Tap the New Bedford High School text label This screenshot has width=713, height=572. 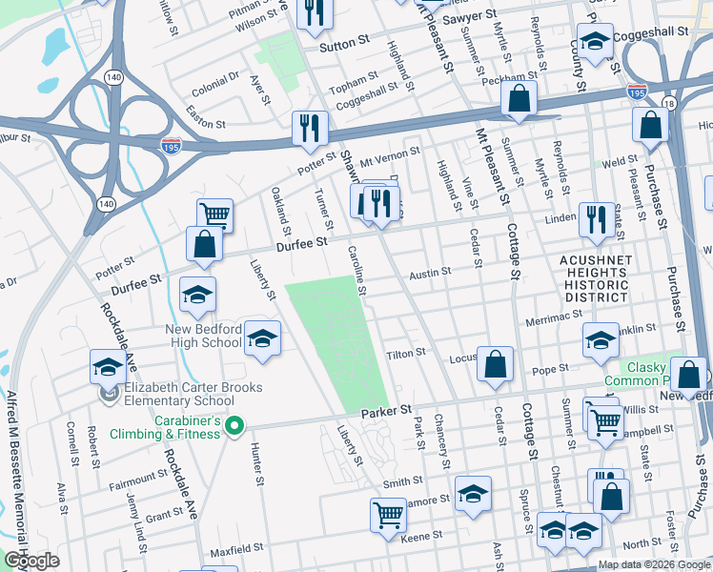point(190,335)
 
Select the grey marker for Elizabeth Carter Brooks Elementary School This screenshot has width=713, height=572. point(108,393)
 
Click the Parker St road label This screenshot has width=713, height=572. point(385,410)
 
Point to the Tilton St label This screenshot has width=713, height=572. point(405,354)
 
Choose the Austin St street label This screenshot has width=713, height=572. point(430,273)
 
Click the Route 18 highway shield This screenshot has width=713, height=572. point(670,103)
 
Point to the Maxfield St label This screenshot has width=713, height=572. point(235,550)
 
